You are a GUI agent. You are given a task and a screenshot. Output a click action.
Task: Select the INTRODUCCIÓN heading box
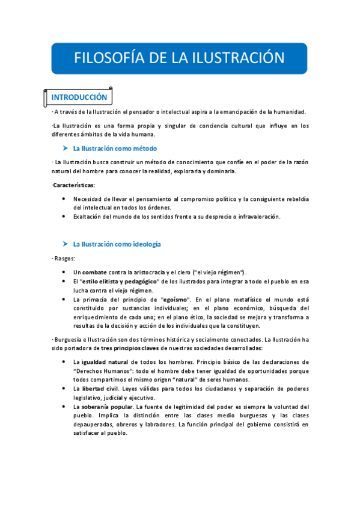tap(79, 97)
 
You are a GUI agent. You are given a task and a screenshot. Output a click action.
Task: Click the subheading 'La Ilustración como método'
tap(115, 148)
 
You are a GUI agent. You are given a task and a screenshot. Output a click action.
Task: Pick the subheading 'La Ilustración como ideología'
tap(117, 244)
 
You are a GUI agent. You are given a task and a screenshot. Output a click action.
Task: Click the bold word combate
tap(94, 272)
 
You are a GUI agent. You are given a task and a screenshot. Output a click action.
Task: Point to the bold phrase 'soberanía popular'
tap(106, 407)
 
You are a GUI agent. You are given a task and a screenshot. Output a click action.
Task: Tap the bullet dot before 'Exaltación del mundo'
tap(64, 217)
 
